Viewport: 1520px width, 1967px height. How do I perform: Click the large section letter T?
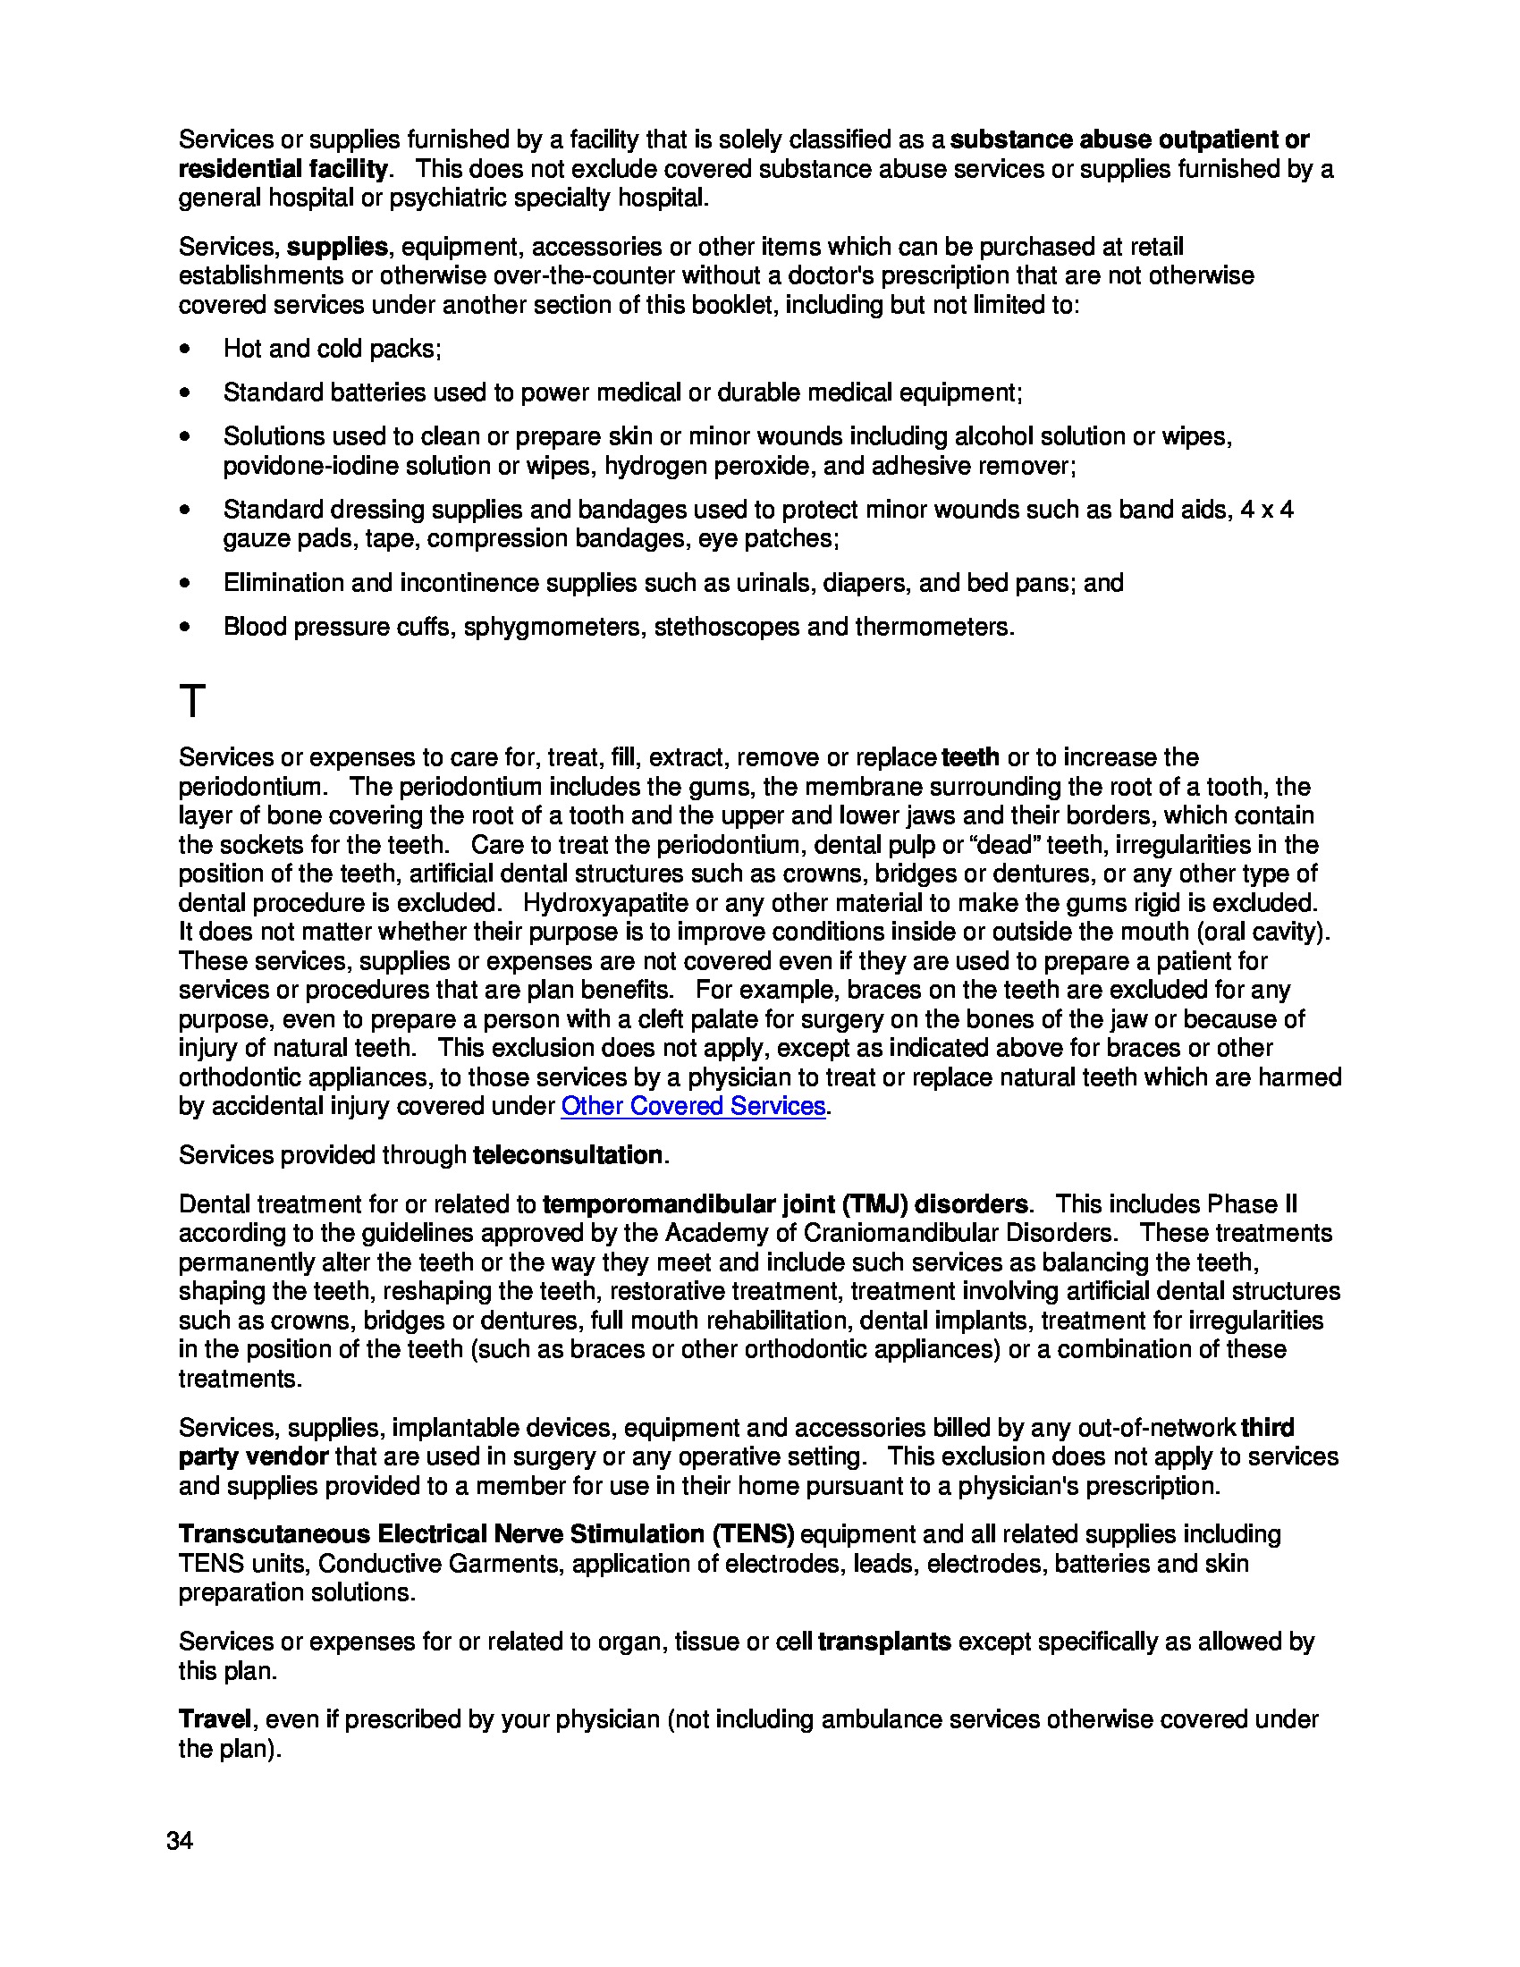(x=193, y=702)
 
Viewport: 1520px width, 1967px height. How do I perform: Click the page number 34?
(x=179, y=1841)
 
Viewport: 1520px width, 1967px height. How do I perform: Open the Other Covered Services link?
(x=692, y=1106)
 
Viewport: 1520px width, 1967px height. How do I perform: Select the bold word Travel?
(x=215, y=1719)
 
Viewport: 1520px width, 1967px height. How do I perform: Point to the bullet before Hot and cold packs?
(x=185, y=350)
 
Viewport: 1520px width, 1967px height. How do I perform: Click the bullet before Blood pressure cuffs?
(x=185, y=628)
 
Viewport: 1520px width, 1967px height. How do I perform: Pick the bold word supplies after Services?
(x=337, y=247)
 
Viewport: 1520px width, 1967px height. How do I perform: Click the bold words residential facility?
(x=283, y=169)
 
